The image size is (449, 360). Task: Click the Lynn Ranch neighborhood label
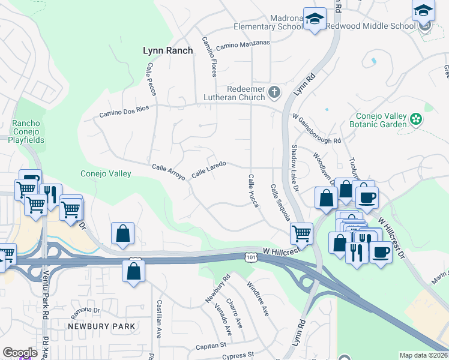(168, 51)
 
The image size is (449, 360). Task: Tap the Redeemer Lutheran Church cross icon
(274, 92)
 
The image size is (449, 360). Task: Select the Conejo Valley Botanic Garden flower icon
(415, 119)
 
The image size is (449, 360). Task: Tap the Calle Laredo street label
(208, 169)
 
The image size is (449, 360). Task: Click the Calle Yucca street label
(253, 191)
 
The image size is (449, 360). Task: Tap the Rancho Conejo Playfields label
(26, 132)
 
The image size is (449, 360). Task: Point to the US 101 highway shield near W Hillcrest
(250, 257)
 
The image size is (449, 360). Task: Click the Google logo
(20, 353)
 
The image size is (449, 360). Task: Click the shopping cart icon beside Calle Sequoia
(301, 233)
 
